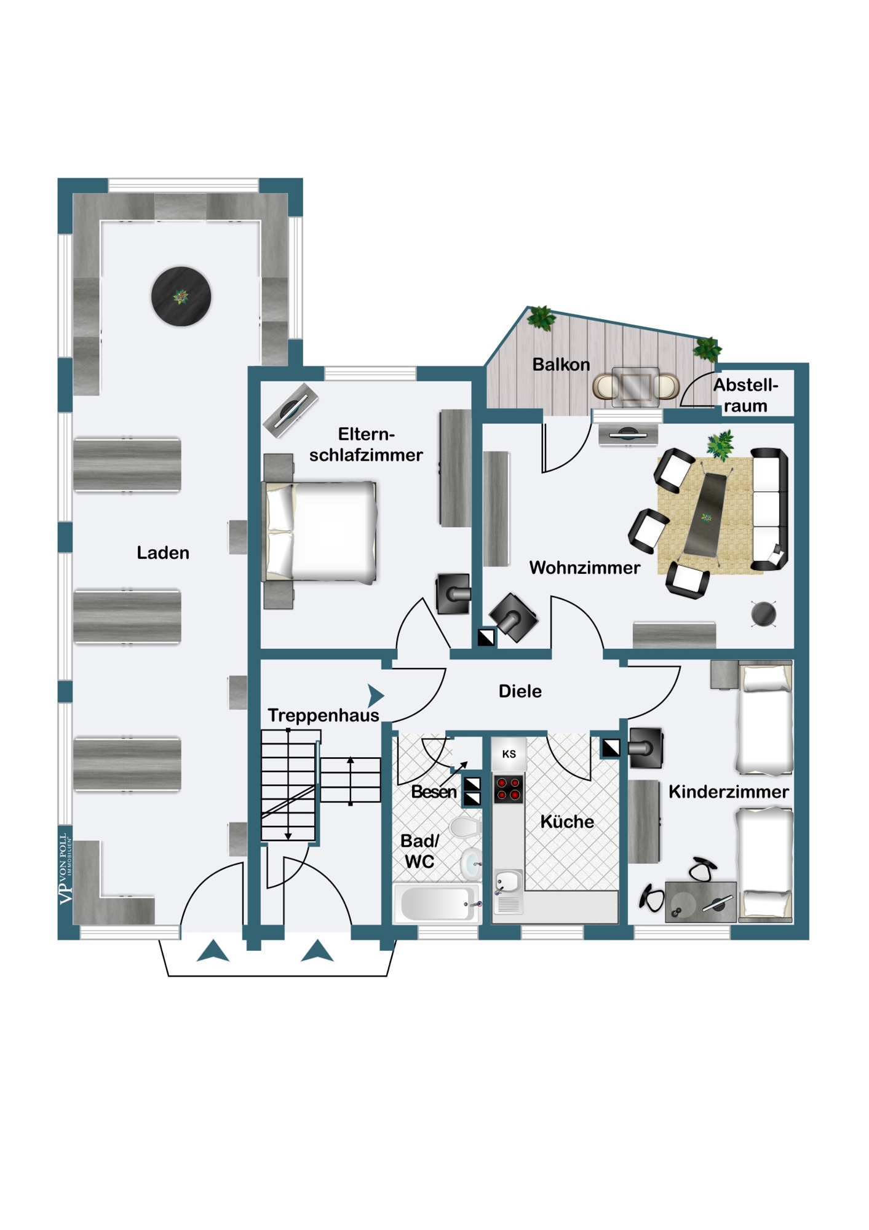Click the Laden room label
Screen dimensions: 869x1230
(x=163, y=553)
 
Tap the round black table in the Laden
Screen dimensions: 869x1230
(x=181, y=296)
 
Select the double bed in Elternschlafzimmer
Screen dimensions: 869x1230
(x=320, y=531)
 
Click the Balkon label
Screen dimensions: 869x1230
(x=561, y=365)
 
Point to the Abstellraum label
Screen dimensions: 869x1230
(x=745, y=395)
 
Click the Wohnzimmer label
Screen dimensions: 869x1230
(x=585, y=568)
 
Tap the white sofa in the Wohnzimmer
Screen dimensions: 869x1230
(x=769, y=509)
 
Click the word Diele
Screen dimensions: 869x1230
(x=520, y=691)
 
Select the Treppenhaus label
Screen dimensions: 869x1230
(x=323, y=716)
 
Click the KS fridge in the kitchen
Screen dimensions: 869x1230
(x=509, y=754)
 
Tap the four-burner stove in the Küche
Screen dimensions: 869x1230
(x=509, y=789)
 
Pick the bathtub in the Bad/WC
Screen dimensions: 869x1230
(x=437, y=903)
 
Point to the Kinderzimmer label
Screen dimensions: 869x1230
(x=729, y=792)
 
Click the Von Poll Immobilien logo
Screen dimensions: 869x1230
(x=65, y=868)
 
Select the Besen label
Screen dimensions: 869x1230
(x=434, y=792)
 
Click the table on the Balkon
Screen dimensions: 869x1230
(x=636, y=387)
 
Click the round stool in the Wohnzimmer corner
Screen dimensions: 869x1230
(x=764, y=614)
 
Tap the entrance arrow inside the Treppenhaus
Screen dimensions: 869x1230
(x=376, y=696)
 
